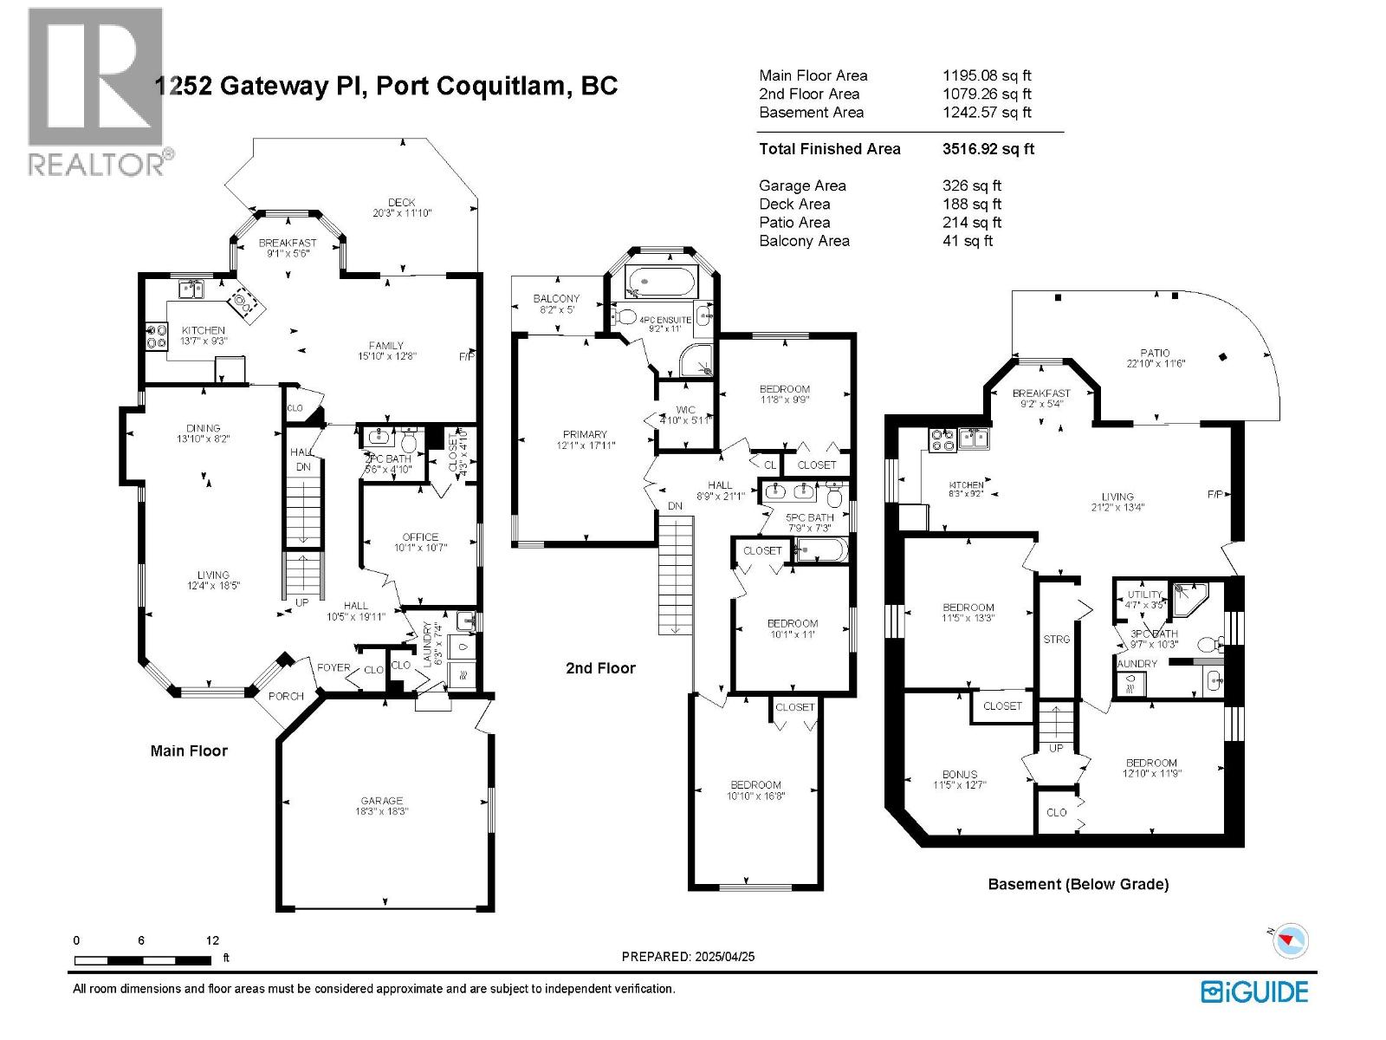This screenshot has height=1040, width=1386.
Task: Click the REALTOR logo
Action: (95, 91)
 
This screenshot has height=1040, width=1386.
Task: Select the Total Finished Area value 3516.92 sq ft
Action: (988, 149)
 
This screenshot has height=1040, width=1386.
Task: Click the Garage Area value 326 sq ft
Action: (971, 185)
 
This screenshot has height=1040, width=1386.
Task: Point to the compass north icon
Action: (1290, 939)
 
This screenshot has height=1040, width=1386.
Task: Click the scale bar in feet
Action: (143, 959)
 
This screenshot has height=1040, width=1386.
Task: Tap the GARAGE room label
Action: (382, 801)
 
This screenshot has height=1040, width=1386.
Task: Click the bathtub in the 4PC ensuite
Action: (661, 282)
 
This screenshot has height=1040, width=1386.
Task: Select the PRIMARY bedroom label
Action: (585, 434)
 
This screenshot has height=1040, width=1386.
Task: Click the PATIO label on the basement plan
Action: (1155, 353)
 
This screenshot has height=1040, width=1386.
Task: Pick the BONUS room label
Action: (960, 774)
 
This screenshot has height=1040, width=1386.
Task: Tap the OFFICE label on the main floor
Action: (420, 536)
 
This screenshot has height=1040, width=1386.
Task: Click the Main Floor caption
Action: (189, 751)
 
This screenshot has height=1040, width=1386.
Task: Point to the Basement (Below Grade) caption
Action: (1078, 884)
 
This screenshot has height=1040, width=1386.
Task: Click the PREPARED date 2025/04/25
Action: (688, 957)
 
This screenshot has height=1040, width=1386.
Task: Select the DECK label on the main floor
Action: (401, 202)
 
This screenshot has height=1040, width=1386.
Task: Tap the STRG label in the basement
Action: (1057, 639)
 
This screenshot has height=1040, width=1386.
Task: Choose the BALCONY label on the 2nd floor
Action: (556, 298)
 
